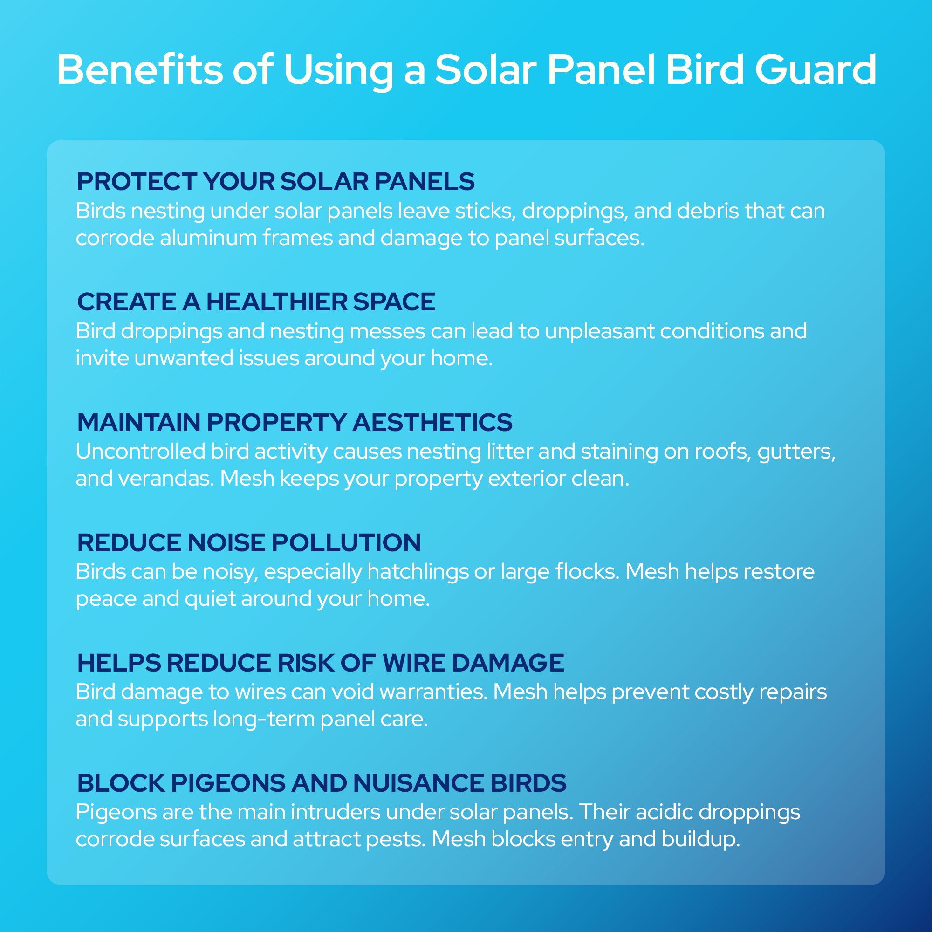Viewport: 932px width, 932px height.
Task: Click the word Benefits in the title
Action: point(140,70)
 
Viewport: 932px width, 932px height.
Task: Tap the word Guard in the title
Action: point(815,70)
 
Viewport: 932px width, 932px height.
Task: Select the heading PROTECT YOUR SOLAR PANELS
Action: point(275,182)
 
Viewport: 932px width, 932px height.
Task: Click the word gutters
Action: point(796,452)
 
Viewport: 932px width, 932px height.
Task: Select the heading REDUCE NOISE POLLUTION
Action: point(249,543)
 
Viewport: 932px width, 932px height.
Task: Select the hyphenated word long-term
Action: point(263,719)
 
